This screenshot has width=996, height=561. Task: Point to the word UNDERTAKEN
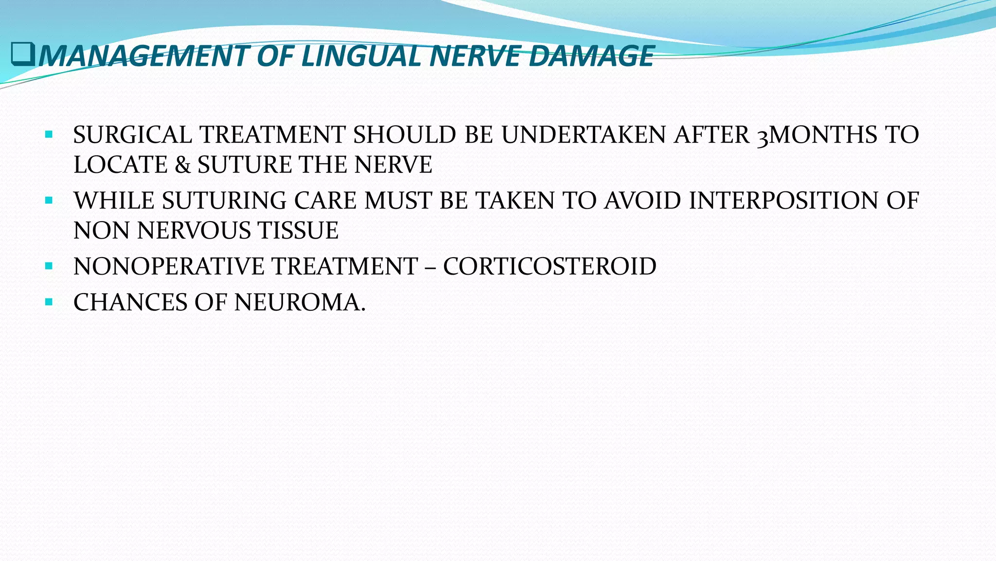point(584,135)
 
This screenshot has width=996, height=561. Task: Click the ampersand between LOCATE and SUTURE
point(182,165)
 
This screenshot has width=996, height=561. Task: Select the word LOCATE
point(120,165)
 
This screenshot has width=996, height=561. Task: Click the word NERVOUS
point(194,231)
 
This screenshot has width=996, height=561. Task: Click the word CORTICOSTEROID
point(550,267)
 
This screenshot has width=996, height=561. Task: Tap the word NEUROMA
point(300,303)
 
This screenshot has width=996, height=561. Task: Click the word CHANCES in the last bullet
point(130,303)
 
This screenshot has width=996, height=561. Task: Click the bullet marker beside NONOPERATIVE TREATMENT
point(48,266)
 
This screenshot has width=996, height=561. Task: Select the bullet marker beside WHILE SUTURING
point(48,200)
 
